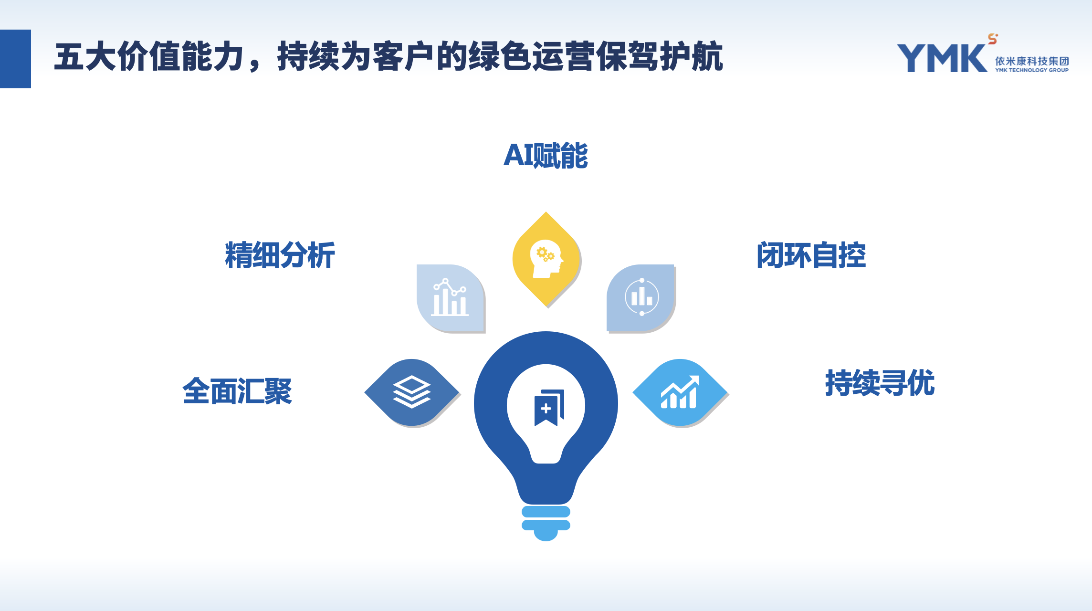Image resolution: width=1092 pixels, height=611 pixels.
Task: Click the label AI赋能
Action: pos(546,156)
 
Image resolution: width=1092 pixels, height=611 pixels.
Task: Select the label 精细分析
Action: pos(280,255)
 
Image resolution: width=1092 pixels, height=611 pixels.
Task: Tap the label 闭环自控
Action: pos(811,255)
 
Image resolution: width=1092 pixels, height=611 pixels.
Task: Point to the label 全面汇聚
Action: pos(237,391)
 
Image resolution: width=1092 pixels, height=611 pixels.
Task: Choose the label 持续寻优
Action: pos(880,382)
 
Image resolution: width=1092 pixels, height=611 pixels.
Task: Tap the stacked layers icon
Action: pos(412,392)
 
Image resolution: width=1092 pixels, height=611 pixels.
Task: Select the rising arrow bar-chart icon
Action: pos(680,392)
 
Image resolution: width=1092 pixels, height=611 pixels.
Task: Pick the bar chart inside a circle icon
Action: pos(642,297)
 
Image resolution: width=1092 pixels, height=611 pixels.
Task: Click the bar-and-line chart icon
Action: pos(450,297)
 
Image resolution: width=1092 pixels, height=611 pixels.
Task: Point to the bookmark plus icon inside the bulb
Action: pos(549,407)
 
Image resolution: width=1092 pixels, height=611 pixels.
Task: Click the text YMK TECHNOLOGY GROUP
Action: pos(1032,70)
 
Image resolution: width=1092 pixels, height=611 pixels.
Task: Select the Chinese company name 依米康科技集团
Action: pos(1032,61)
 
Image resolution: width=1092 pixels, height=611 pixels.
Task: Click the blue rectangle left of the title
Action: pos(15,59)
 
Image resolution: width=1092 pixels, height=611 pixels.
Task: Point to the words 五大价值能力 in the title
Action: pos(149,57)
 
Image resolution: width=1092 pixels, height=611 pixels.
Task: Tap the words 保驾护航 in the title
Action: pos(660,57)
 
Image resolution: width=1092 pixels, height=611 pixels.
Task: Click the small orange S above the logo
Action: pos(993,39)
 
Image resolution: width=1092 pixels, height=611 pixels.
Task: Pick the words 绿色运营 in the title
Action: pos(532,57)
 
